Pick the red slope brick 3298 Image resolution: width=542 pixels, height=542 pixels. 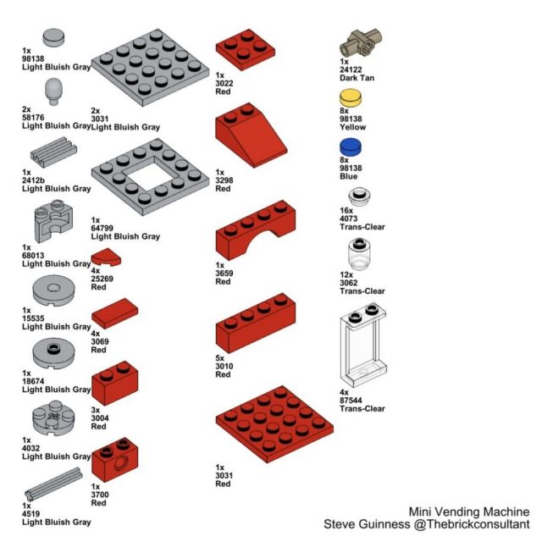249,135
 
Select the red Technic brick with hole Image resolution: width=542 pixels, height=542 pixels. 114,460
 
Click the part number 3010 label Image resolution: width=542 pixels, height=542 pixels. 224,366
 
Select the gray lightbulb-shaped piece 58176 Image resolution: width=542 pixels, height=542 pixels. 55,91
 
